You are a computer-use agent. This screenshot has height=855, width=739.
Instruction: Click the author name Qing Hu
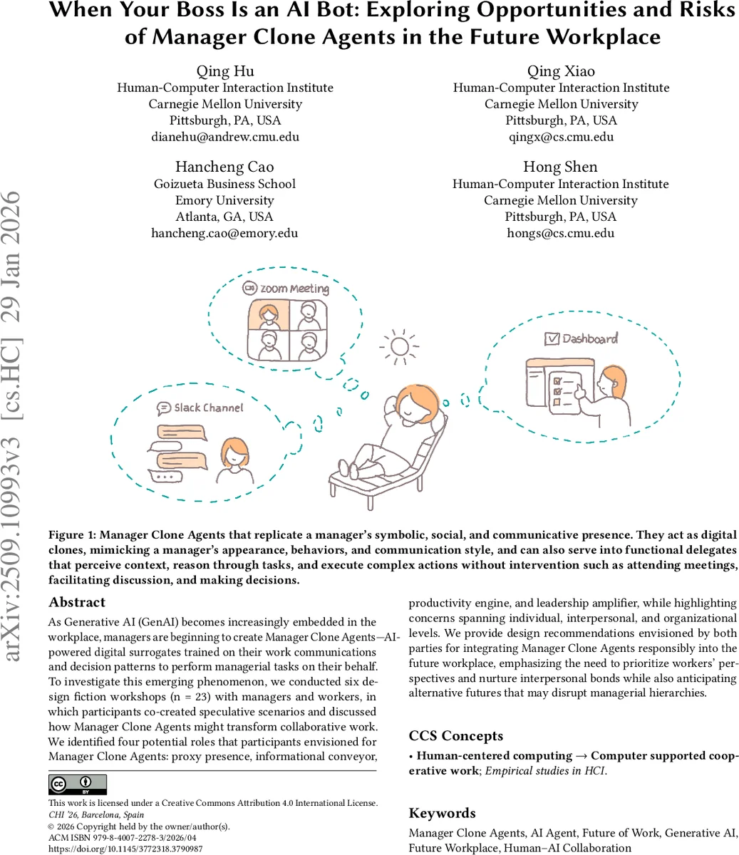coord(224,71)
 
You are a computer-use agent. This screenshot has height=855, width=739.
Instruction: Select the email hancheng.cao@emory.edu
coord(224,233)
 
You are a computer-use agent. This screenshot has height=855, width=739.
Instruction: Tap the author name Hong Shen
coord(560,167)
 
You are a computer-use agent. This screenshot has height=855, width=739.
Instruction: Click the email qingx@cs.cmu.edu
coord(560,137)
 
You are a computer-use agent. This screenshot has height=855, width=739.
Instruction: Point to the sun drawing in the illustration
coord(399,347)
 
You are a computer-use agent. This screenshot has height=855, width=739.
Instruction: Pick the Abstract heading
coord(77,602)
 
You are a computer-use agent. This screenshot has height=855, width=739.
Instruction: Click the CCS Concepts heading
coord(456,736)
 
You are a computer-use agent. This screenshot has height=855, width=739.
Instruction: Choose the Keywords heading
coord(443,813)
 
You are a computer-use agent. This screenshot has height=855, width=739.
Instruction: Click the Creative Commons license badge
coord(78,784)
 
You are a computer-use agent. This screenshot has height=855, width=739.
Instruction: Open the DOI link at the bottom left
coord(125,849)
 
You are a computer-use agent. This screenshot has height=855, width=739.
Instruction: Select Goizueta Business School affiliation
coord(224,184)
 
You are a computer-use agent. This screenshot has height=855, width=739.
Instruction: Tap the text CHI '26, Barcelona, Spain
coord(96,814)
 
